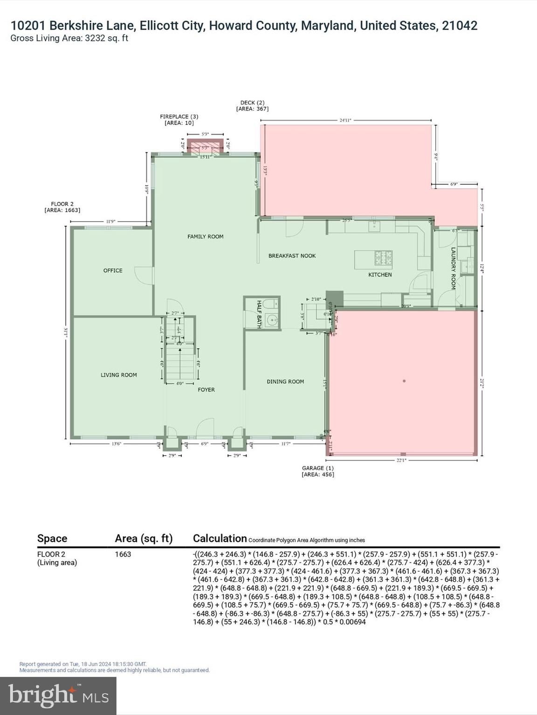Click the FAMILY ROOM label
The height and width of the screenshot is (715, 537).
pyautogui.click(x=205, y=236)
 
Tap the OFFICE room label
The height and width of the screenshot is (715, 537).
pyautogui.click(x=113, y=270)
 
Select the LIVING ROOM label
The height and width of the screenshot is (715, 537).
pyautogui.click(x=119, y=375)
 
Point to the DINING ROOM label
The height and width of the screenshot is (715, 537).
pyautogui.click(x=285, y=381)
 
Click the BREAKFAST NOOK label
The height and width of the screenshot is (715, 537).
pyautogui.click(x=292, y=256)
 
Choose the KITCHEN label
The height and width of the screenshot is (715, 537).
pyautogui.click(x=380, y=275)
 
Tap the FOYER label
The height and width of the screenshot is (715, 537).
pyautogui.click(x=206, y=390)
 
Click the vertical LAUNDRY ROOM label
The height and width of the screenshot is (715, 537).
pyautogui.click(x=453, y=268)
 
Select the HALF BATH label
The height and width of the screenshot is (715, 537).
pyautogui.click(x=259, y=314)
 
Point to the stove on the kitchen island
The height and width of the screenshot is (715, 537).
pyautogui.click(x=384, y=257)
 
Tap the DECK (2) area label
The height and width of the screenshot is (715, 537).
pyautogui.click(x=252, y=106)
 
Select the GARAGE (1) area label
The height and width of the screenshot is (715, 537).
pyautogui.click(x=317, y=471)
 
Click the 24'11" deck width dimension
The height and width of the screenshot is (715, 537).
pyautogui.click(x=345, y=120)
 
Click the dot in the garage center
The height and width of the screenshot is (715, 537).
pyautogui.click(x=404, y=381)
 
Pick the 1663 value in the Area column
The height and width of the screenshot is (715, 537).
pyautogui.click(x=123, y=554)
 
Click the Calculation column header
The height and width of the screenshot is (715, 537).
pyautogui.click(x=220, y=539)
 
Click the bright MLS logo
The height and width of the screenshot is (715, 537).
pyautogui.click(x=58, y=695)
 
